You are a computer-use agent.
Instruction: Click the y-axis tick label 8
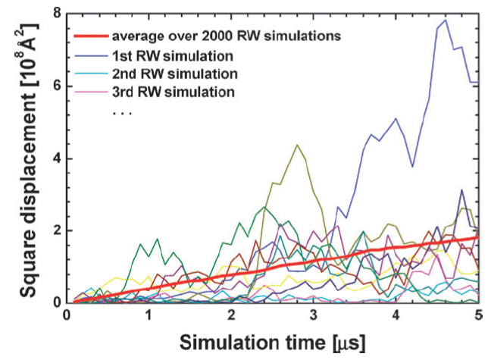[x=58, y=14]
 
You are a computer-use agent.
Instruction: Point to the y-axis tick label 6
[x=58, y=86]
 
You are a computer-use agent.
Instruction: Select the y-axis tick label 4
[x=58, y=158]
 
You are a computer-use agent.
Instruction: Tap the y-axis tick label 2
[x=58, y=231]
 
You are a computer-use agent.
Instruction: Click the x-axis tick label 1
[x=149, y=315]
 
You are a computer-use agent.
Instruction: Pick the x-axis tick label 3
[x=314, y=315]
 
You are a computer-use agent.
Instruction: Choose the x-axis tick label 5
[x=478, y=315]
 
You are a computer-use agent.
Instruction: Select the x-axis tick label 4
[x=396, y=315]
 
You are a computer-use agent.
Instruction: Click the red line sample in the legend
[x=91, y=36]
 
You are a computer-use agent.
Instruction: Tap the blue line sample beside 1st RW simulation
[x=91, y=56]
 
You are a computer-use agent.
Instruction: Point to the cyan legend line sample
[x=91, y=74]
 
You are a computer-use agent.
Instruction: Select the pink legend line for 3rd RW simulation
[x=91, y=92]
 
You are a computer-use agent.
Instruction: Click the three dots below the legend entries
[x=122, y=113]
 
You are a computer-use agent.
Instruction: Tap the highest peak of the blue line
[x=446, y=20]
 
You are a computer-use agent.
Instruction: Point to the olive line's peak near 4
[x=297, y=145]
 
